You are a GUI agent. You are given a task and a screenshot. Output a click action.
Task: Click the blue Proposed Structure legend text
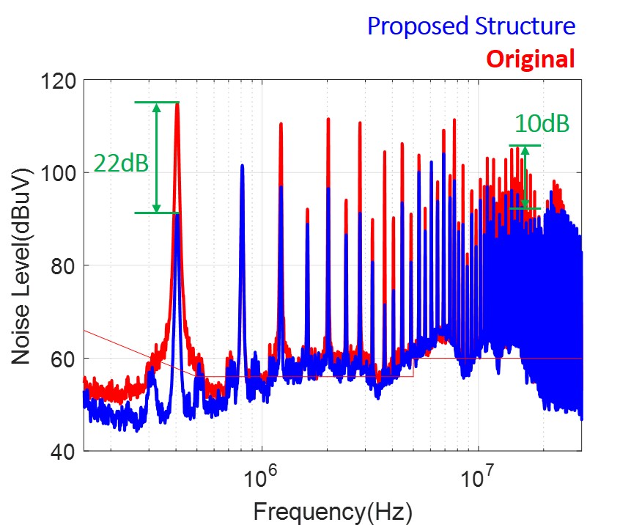click(x=471, y=26)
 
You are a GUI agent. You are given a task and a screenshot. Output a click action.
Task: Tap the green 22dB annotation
click(x=122, y=163)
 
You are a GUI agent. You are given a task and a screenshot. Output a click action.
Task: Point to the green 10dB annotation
click(x=542, y=124)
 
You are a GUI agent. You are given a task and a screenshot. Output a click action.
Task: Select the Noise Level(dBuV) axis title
click(x=23, y=265)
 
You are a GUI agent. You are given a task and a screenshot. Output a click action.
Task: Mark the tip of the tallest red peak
click(x=177, y=103)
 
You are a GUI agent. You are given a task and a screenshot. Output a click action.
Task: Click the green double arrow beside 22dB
click(x=156, y=157)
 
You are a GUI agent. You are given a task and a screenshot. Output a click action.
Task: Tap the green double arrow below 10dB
click(x=525, y=177)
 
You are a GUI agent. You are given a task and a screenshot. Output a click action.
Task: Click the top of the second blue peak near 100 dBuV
click(x=242, y=166)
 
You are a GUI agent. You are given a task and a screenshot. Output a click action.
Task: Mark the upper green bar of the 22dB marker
click(x=156, y=102)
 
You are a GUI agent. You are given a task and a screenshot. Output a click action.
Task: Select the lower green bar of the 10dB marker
click(x=525, y=209)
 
